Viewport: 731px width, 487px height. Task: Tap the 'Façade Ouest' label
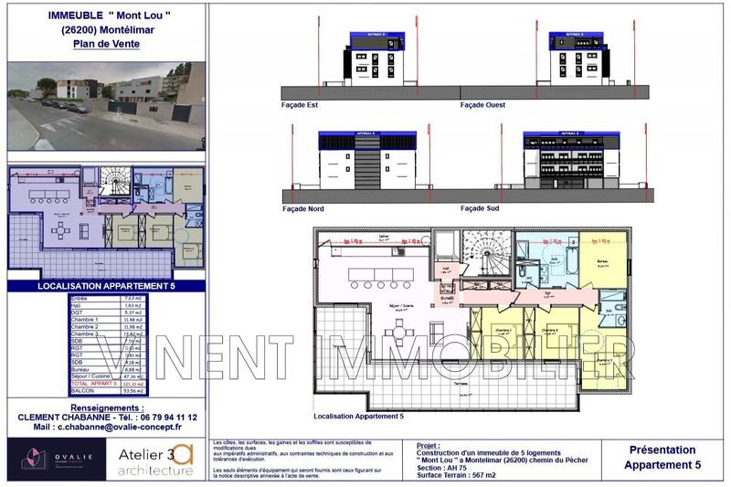point(482,105)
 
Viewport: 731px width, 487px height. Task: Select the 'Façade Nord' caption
point(303,208)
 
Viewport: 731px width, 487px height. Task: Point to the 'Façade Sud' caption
point(480,208)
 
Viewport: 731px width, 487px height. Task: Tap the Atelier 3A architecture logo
point(156,460)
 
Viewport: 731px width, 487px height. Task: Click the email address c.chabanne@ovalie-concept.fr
point(107,427)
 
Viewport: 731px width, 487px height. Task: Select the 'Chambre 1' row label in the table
point(83,319)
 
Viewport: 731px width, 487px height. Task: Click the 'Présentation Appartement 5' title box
point(662,457)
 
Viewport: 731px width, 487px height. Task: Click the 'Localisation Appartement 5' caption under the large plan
point(358,417)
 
